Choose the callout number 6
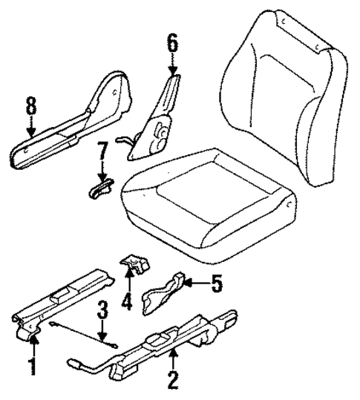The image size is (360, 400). tap(172, 45)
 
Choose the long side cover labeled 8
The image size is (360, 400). tap(74, 129)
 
